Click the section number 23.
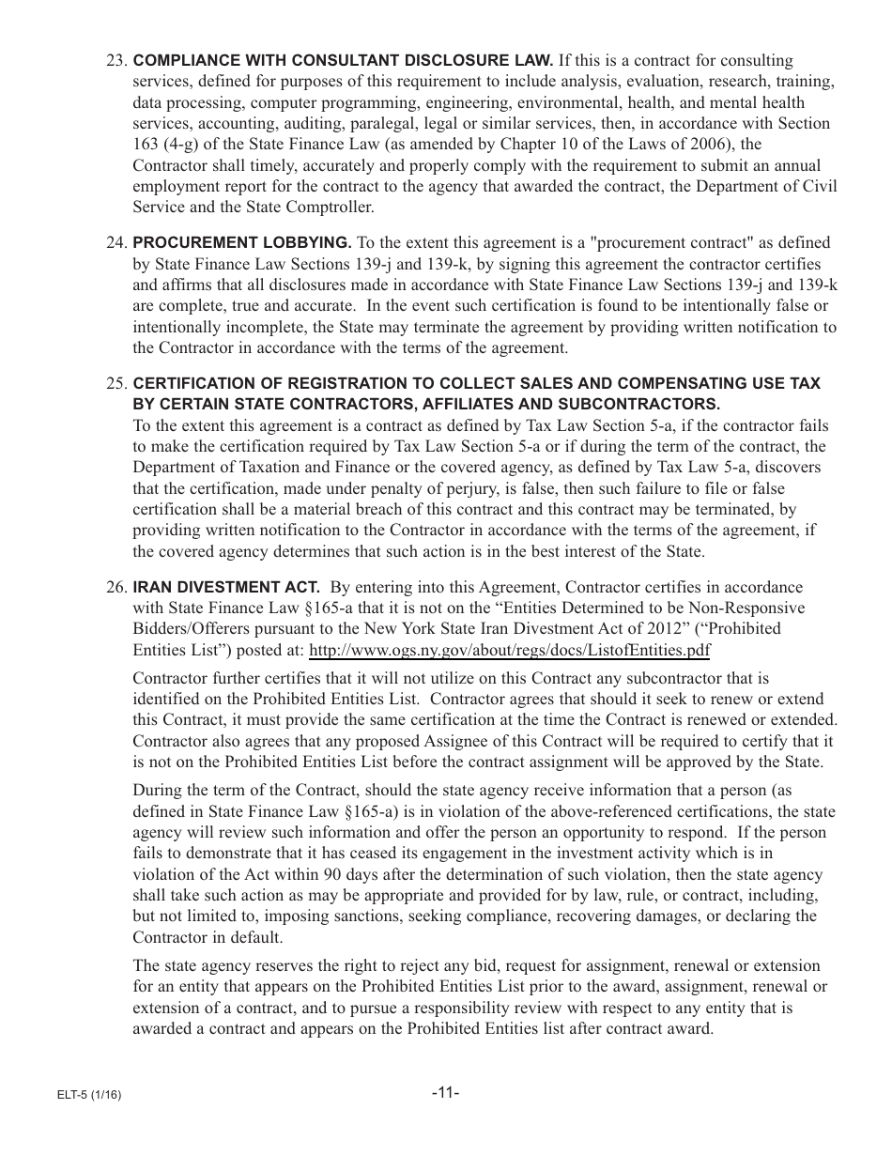[x=116, y=61]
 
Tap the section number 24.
[x=116, y=243]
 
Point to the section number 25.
[x=116, y=383]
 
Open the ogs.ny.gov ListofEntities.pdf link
[x=509, y=650]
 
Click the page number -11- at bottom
[x=445, y=1093]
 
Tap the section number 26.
[x=116, y=587]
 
